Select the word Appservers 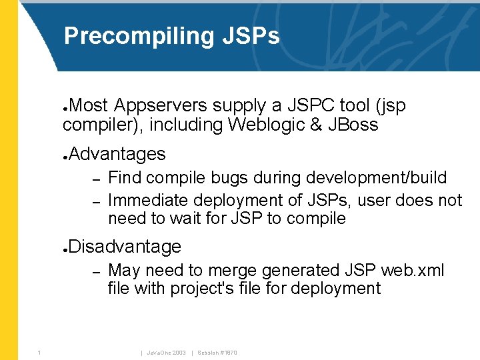point(161,106)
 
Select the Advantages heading point(117,154)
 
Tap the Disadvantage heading point(125,247)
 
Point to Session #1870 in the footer point(217,352)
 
